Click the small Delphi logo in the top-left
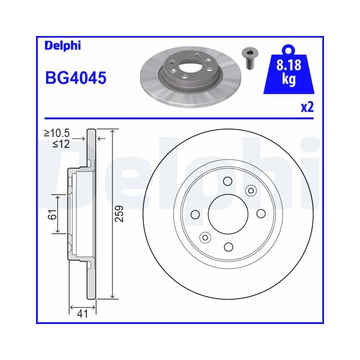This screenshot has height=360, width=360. click(x=63, y=46)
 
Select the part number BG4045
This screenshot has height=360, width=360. click(x=75, y=78)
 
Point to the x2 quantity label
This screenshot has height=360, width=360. click(x=307, y=107)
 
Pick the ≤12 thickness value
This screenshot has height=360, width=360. click(x=61, y=144)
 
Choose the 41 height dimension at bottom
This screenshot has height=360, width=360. click(x=82, y=314)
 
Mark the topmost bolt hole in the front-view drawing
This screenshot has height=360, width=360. click(x=228, y=181)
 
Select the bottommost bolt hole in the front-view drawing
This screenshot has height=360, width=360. click(x=228, y=247)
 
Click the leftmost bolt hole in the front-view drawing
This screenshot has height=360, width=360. click(x=195, y=215)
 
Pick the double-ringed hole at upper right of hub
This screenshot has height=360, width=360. click(x=251, y=190)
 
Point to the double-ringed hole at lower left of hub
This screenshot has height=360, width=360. click(x=205, y=237)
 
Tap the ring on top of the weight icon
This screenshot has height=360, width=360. click(x=288, y=49)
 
